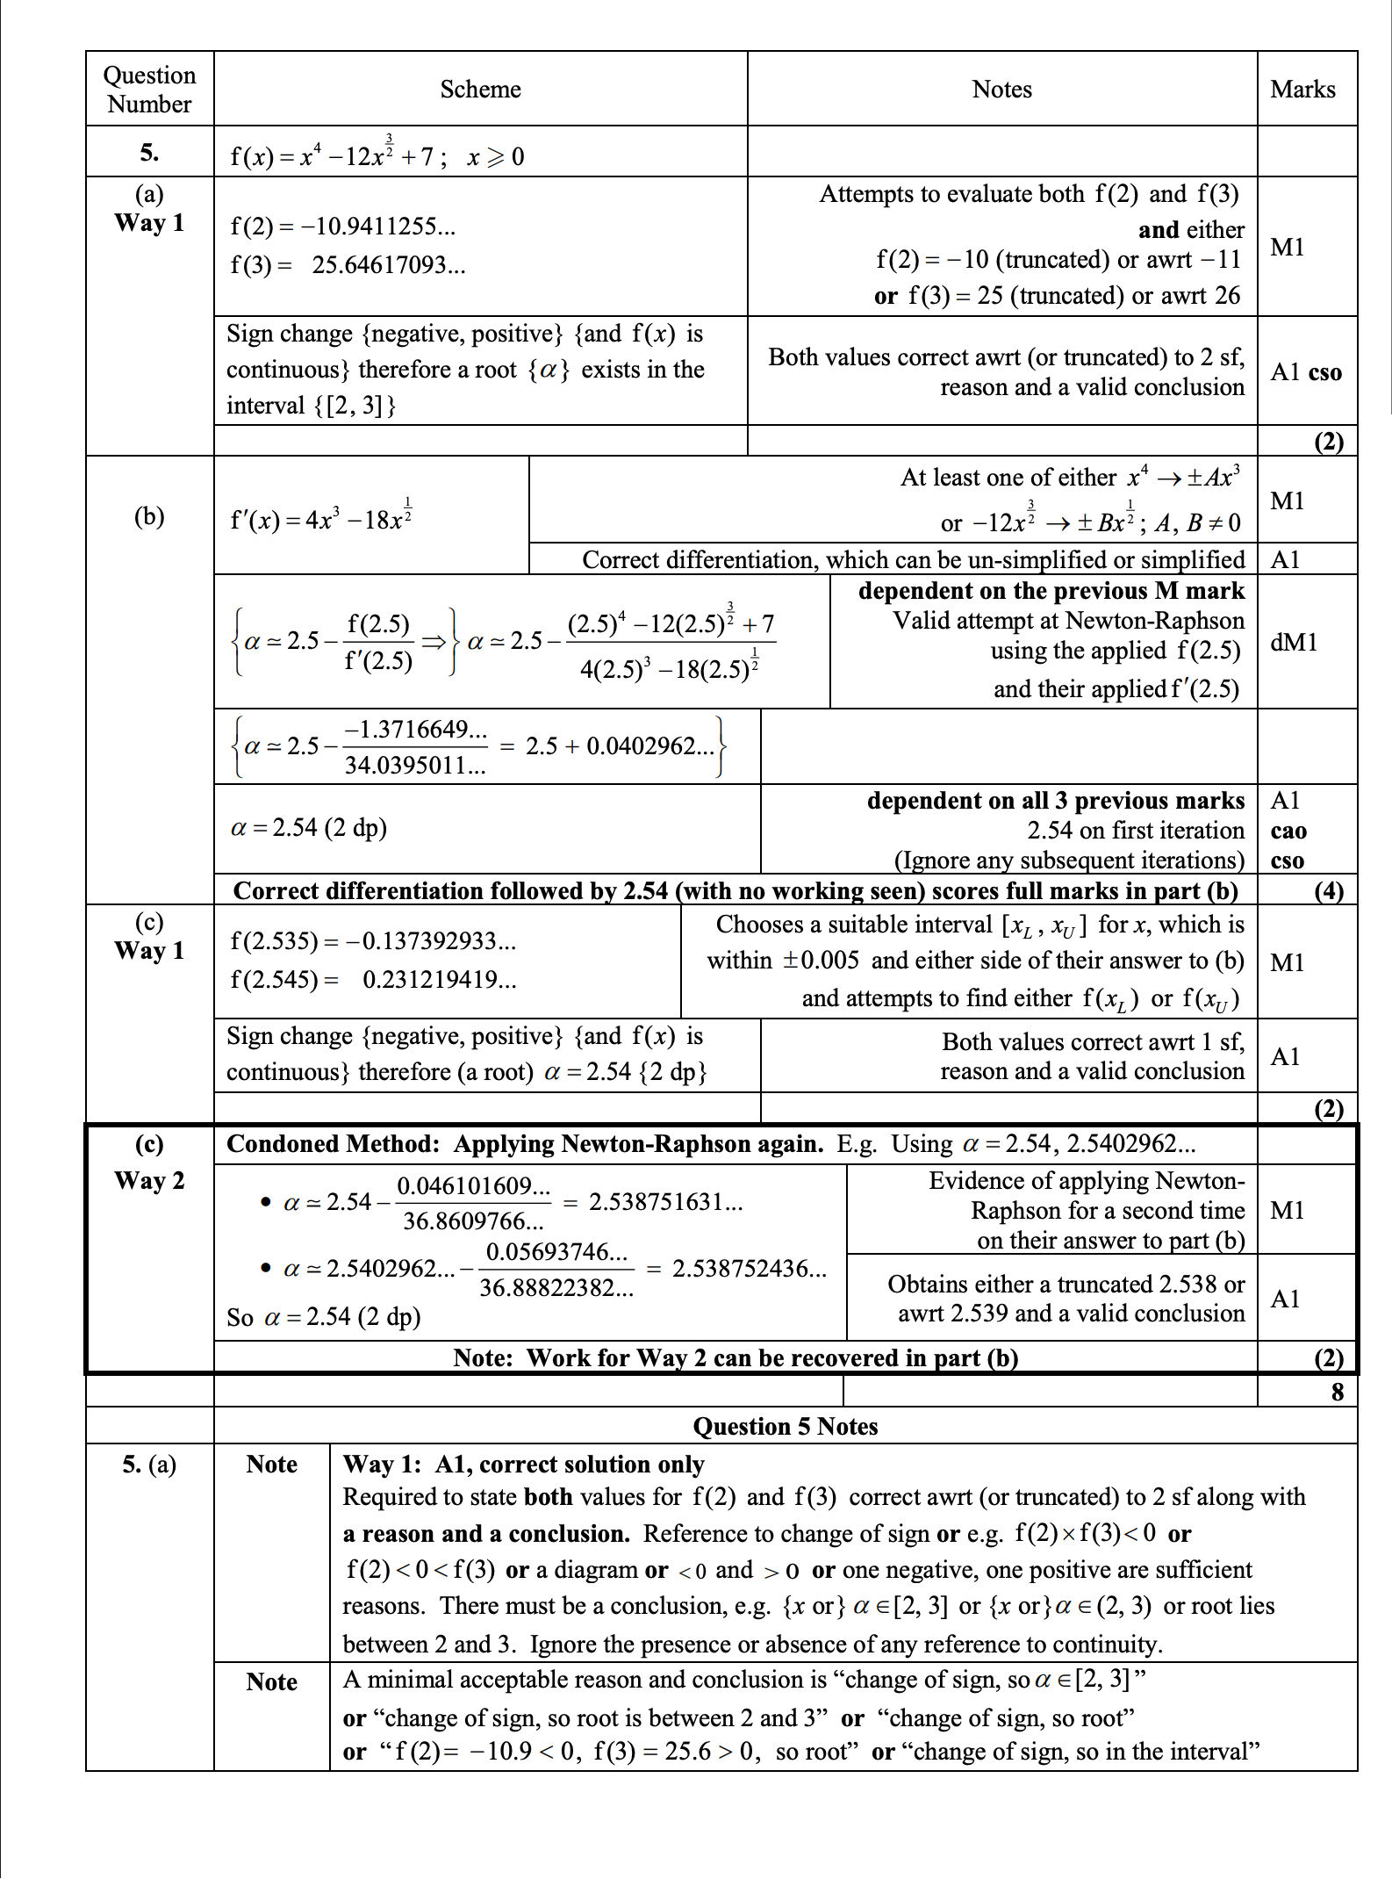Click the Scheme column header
(480, 90)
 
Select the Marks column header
(1302, 90)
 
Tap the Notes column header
(1001, 90)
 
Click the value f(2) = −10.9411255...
(342, 227)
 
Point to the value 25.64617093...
(388, 265)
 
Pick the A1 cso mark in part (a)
(1306, 372)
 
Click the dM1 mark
(1294, 642)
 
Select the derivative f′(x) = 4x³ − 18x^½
(321, 517)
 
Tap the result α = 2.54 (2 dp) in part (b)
(308, 827)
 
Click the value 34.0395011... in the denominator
(414, 766)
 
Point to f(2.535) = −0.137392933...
(373, 941)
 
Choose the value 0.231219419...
(439, 980)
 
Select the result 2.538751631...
(665, 1202)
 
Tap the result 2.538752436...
(749, 1269)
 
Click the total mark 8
(1337, 1392)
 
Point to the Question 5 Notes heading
(785, 1426)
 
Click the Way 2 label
(149, 1181)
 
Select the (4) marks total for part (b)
(1328, 891)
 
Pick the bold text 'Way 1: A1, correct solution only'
(523, 1465)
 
